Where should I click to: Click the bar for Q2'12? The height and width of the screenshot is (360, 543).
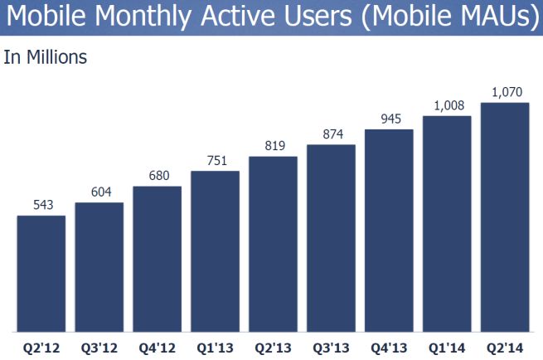[x=41, y=274]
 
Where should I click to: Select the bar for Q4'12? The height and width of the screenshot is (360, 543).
[x=158, y=259]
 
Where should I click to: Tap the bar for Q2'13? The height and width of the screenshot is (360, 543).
[x=274, y=245]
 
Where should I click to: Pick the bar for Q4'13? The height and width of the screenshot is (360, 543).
[x=389, y=231]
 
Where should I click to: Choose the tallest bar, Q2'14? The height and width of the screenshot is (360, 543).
[x=505, y=217]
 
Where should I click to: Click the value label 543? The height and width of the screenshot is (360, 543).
[x=41, y=205]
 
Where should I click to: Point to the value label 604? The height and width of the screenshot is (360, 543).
[x=99, y=192]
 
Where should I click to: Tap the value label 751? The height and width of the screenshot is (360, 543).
[x=216, y=161]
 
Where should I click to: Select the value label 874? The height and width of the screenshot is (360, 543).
[x=331, y=134]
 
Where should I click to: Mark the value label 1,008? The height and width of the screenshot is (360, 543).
[x=447, y=105]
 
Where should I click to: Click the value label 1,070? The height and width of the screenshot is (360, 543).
[x=505, y=91]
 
